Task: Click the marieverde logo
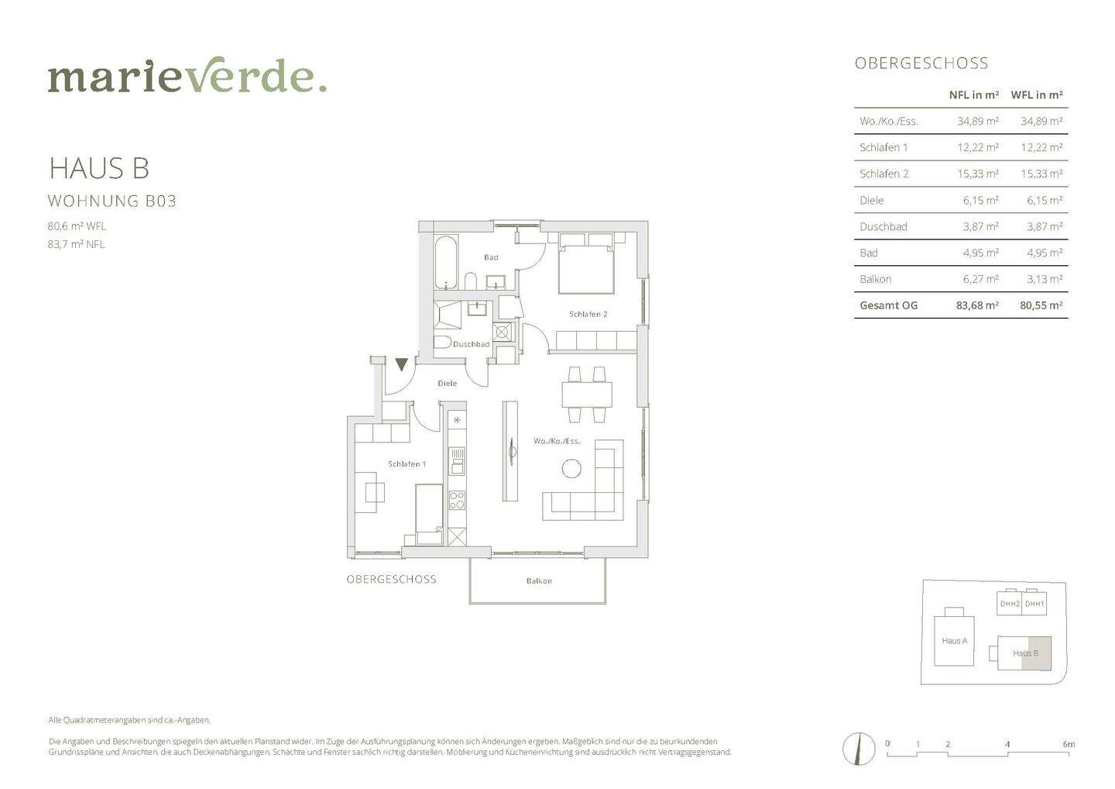coord(187,74)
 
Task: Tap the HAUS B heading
coord(98,168)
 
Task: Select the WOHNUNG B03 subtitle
coord(112,201)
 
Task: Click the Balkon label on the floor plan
coord(539,581)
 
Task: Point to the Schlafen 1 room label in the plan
coord(407,464)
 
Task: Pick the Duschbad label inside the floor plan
coord(471,344)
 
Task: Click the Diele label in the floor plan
coord(447,384)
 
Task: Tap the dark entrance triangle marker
coord(402,364)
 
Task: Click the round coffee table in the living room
coord(571,469)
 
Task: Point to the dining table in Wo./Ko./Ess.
coord(587,395)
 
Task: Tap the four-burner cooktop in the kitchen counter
coord(457,500)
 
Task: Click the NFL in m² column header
coord(973,95)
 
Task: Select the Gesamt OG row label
coord(889,306)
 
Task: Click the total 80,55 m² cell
coord(1041,306)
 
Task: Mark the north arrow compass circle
coord(859,749)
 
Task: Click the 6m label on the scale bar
coord(1069,744)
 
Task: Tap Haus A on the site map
coord(954,641)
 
